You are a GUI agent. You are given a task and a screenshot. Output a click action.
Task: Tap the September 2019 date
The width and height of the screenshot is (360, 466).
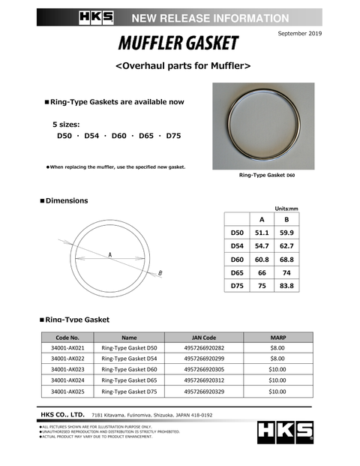pos(298,35)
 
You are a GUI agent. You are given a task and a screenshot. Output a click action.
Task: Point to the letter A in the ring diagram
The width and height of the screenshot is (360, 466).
pos(109,255)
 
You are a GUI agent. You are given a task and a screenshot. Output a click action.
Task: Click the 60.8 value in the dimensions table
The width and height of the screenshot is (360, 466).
pos(262,259)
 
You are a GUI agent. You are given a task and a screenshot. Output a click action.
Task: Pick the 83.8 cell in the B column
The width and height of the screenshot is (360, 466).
pos(286,285)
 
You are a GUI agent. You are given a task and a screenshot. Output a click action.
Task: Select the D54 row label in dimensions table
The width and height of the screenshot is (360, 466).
pos(237,245)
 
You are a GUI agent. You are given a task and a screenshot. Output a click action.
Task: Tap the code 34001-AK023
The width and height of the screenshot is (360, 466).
pos(68,369)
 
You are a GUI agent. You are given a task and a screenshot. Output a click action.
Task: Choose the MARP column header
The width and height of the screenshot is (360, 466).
pos(277,337)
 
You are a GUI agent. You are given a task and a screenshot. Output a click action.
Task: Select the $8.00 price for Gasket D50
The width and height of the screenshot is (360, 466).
pos(277,347)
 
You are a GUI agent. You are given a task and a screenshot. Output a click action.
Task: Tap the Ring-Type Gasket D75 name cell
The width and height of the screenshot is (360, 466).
pos(130,391)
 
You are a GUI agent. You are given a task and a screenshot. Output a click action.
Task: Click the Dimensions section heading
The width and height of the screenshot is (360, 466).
pos(66,200)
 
